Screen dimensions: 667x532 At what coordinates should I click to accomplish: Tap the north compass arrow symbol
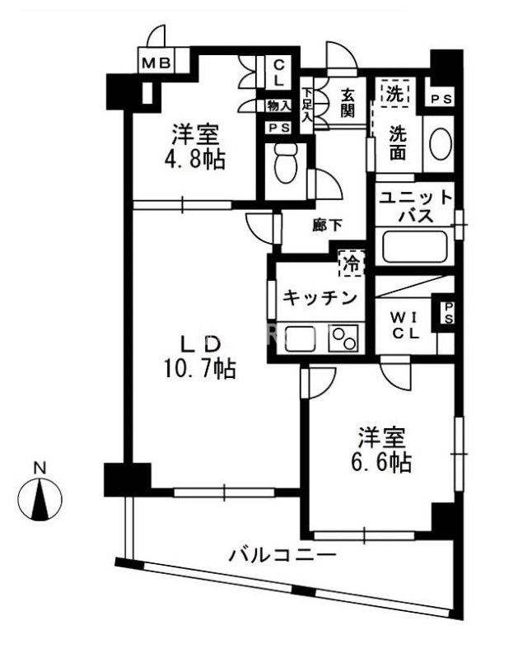coord(40,499)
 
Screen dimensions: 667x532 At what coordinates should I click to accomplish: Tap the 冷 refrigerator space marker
coord(351,264)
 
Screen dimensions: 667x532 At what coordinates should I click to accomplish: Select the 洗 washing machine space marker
coord(397,93)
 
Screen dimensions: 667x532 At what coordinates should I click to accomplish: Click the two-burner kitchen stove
coord(343,338)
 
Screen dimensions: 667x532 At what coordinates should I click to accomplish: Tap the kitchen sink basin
coord(301,338)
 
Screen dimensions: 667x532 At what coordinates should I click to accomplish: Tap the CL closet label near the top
coord(278,71)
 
